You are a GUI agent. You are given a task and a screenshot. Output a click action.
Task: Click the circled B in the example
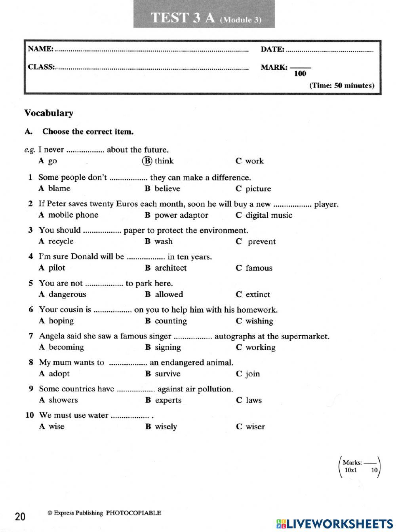(x=147, y=161)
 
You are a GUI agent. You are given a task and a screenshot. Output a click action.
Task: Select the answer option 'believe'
(x=167, y=188)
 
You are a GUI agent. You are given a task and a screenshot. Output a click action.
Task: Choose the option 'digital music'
(x=268, y=215)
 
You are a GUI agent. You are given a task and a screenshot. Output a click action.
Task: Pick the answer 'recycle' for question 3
(x=61, y=241)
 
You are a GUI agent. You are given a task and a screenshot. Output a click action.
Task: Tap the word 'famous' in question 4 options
(x=259, y=268)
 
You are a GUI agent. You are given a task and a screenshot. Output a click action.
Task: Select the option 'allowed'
(x=169, y=294)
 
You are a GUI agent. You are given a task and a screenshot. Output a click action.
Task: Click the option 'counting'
(x=171, y=321)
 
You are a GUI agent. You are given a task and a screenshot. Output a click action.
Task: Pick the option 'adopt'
(x=59, y=374)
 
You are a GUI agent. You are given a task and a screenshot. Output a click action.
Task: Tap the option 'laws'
(x=253, y=400)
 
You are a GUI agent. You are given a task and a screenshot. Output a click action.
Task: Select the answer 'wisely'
(x=166, y=427)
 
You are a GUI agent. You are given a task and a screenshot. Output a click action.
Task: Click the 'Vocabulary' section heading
(x=49, y=113)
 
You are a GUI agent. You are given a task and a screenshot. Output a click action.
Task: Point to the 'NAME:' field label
(x=40, y=49)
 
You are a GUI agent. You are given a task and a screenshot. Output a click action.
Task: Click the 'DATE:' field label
(x=272, y=49)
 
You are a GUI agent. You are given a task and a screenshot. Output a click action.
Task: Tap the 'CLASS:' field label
(x=41, y=67)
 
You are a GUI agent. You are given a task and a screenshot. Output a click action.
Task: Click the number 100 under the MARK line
(x=300, y=74)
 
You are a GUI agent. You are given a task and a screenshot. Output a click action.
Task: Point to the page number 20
(x=20, y=516)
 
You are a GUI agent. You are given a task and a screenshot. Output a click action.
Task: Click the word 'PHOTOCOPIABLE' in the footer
(x=133, y=513)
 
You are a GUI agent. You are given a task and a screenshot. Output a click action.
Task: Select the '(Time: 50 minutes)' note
(x=341, y=85)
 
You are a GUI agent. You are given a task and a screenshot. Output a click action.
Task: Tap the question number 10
(x=30, y=415)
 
